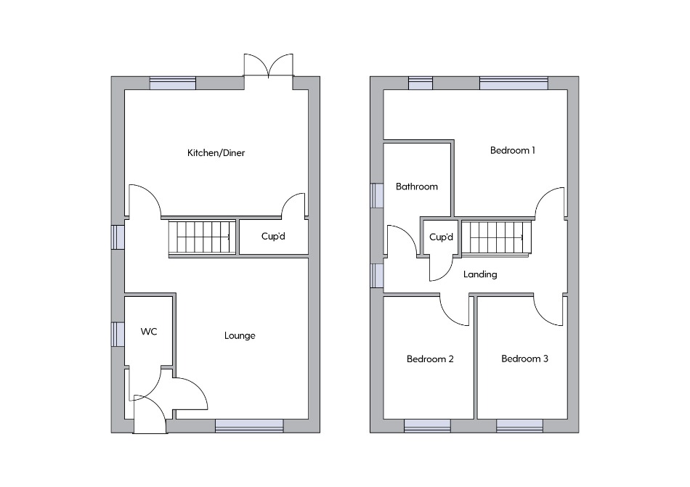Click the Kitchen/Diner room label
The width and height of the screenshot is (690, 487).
[216, 153]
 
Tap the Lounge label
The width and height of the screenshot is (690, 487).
[240, 336]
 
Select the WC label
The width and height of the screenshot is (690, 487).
[149, 332]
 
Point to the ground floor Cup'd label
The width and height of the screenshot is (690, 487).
[273, 237]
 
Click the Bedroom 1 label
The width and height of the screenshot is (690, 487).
[513, 150]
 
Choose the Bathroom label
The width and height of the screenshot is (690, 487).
[417, 187]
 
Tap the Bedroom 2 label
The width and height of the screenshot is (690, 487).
[430, 359]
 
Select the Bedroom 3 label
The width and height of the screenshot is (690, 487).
[524, 359]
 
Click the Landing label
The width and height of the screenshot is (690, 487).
[480, 274]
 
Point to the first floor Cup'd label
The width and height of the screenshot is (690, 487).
[441, 237]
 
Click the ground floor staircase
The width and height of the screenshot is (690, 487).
[203, 237]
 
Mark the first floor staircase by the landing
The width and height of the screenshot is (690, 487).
[496, 238]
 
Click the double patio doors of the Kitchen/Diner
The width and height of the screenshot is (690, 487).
[269, 66]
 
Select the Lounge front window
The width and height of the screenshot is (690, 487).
[249, 426]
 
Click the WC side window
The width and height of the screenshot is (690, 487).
[118, 335]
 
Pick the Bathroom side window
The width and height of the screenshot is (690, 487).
[377, 195]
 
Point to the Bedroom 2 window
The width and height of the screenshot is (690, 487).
[427, 426]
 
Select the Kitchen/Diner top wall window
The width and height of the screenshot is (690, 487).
[173, 83]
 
